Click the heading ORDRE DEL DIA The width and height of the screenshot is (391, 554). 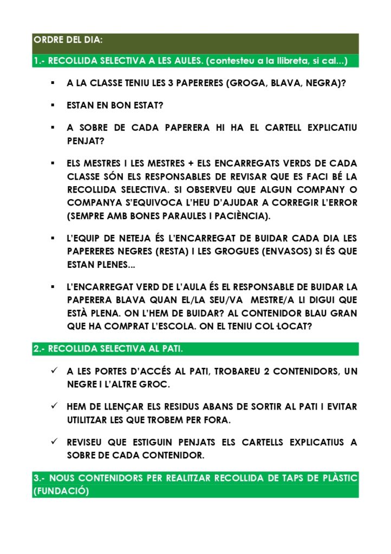point(68,40)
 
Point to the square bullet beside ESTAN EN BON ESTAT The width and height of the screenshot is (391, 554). point(53,105)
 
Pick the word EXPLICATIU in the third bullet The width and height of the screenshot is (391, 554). point(332,128)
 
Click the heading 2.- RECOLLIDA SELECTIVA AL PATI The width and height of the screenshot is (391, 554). point(108,349)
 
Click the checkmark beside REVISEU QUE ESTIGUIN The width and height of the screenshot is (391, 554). point(54,442)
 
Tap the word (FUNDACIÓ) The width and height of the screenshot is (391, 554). point(61,491)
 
